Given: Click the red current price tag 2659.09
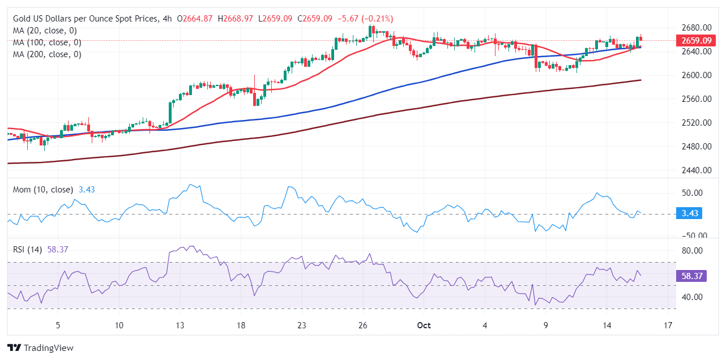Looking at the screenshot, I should (696, 41).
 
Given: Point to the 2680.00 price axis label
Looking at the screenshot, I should (696, 28).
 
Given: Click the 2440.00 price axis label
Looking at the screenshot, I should (696, 170).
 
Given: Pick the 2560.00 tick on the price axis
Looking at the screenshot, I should (696, 98).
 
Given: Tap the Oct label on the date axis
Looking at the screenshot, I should (424, 325).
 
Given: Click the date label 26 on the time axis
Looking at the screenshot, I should (363, 325).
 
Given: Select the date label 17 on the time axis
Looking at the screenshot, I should (668, 325).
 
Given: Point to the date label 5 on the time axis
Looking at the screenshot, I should (58, 325).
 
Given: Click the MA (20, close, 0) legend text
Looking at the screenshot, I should (45, 31).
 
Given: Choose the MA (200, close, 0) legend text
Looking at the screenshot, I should (47, 54).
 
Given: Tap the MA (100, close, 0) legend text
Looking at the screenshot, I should (47, 42).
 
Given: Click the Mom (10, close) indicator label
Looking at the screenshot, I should (43, 190).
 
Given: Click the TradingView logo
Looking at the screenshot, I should (40, 348).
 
